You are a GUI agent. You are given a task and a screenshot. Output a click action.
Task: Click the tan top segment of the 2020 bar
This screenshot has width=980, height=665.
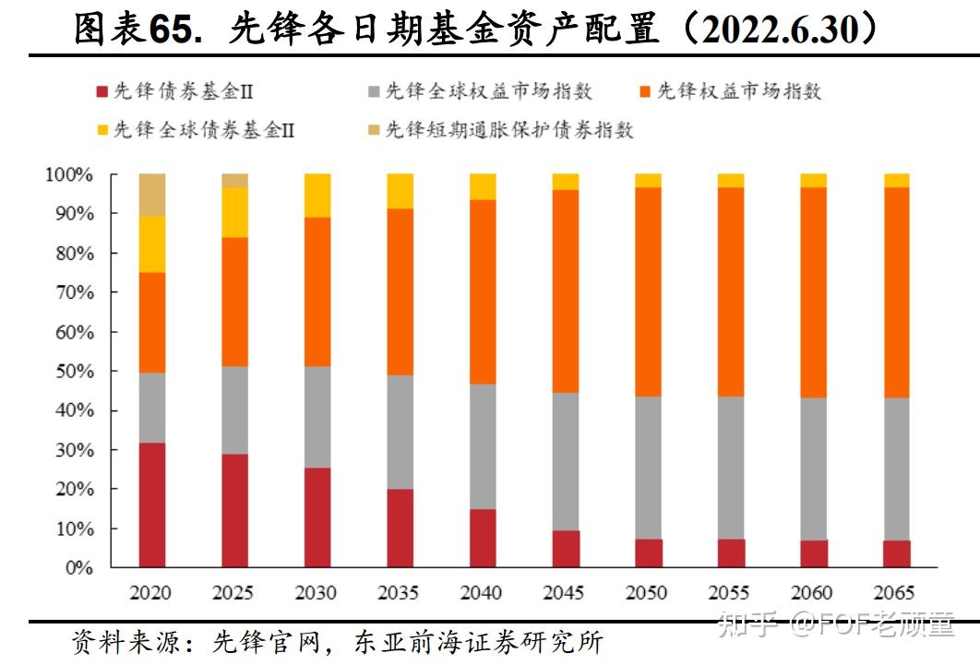[x=151, y=195]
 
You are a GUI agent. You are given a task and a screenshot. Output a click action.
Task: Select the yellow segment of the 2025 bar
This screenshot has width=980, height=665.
[x=234, y=212]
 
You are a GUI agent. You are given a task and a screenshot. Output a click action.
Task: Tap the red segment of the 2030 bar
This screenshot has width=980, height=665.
[x=317, y=517]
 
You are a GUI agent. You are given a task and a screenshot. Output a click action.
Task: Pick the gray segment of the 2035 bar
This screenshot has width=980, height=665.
[x=400, y=432]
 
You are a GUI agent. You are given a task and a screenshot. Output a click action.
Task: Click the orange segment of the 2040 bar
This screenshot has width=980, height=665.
[x=483, y=291]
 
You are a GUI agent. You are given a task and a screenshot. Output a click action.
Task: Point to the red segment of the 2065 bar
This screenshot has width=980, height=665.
[x=897, y=553]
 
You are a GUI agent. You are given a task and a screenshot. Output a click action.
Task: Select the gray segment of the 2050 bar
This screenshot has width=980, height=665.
[x=649, y=468]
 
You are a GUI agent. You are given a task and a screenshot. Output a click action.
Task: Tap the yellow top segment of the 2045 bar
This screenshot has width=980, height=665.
[x=566, y=182]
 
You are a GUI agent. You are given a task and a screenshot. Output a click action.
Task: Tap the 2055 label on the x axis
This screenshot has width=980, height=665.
[x=731, y=593]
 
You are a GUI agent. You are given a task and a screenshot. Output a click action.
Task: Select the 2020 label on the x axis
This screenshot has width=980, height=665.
[x=151, y=593]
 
